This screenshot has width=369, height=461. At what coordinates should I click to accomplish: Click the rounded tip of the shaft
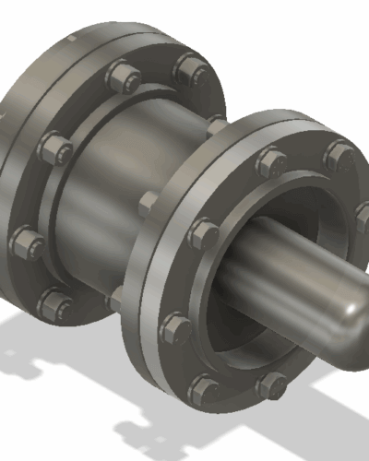[349, 323]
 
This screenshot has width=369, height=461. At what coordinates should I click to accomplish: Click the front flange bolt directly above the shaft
[271, 163]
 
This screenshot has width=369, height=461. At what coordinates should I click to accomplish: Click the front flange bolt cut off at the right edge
[363, 218]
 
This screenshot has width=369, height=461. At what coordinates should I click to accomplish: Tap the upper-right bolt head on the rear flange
[192, 70]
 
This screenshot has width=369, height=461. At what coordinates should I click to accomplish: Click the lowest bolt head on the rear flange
[57, 303]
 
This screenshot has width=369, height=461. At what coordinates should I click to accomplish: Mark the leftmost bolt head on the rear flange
[27, 244]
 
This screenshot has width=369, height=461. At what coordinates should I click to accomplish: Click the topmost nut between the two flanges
[216, 125]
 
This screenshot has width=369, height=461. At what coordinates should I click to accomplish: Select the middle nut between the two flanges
[148, 204]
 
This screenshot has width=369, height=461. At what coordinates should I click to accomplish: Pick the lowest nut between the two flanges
[115, 300]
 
